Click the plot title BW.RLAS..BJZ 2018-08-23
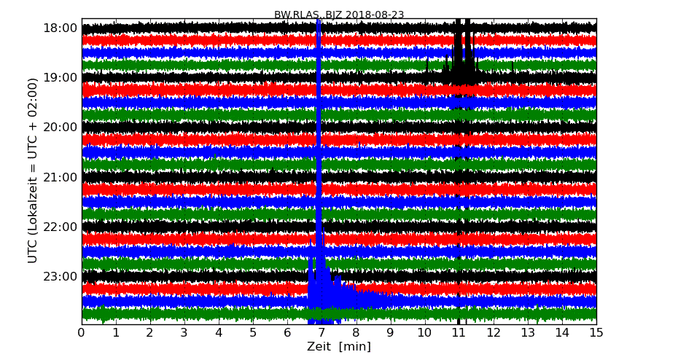point(339,15)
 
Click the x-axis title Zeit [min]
point(339,347)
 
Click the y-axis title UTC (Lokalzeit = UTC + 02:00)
point(33,171)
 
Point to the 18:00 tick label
point(61,28)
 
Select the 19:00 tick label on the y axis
point(61,78)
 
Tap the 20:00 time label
point(61,128)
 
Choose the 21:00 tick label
point(61,177)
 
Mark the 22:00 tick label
point(61,227)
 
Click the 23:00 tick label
point(61,276)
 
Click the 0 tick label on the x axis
point(82,333)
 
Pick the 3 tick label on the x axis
point(184,333)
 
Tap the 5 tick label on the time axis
point(253,333)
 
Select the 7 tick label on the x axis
point(322,333)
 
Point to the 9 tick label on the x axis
point(390,333)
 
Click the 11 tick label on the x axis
point(459,333)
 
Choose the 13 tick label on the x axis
point(528,333)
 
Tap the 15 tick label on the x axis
point(596,333)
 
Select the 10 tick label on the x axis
point(424,333)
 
